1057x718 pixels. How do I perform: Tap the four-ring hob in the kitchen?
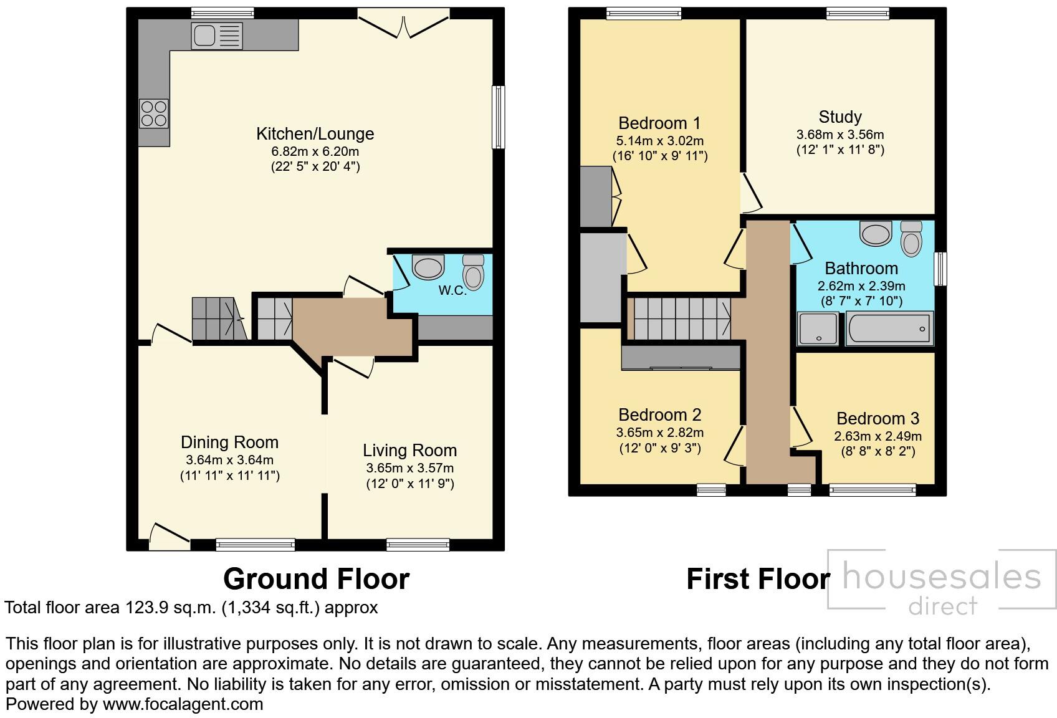(x=153, y=113)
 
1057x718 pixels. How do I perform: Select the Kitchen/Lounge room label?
(x=315, y=134)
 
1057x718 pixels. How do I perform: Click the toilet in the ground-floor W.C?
(x=474, y=272)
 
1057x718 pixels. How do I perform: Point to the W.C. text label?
(x=452, y=290)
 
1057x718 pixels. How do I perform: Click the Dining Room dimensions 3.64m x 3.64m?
(x=229, y=461)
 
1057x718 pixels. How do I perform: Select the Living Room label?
(x=409, y=450)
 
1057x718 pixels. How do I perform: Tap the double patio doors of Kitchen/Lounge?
(x=404, y=24)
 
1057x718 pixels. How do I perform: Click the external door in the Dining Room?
(x=169, y=537)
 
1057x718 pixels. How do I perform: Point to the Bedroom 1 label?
(x=659, y=123)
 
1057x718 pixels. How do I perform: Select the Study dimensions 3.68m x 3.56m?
(x=839, y=135)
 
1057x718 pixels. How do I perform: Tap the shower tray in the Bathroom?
(x=818, y=328)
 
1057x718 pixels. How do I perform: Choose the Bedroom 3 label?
(x=878, y=418)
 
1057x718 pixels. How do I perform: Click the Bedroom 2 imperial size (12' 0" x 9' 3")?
(x=659, y=448)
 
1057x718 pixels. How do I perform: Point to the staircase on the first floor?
(x=682, y=318)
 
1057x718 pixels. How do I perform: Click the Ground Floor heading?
(x=316, y=579)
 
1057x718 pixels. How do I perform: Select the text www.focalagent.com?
(x=183, y=704)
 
